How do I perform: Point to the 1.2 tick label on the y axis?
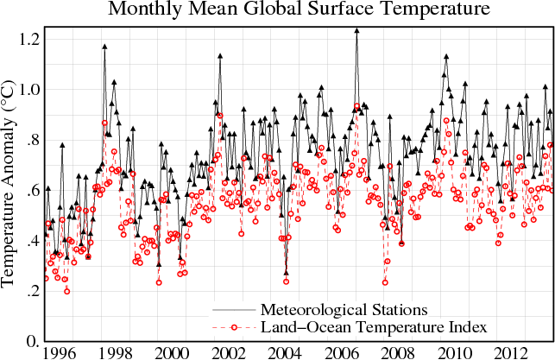[x=28, y=40]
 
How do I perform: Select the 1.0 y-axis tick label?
[x=28, y=90]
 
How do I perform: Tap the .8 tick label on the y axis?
[x=32, y=141]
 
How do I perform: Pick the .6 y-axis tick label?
[x=32, y=191]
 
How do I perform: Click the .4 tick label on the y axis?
[x=32, y=242]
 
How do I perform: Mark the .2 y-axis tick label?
[x=32, y=292]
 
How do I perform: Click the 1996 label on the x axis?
[x=57, y=352]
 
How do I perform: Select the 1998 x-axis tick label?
[x=114, y=352]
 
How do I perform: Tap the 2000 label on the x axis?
[x=171, y=352]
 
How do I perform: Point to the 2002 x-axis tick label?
[x=228, y=352]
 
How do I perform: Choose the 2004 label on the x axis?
[x=285, y=352]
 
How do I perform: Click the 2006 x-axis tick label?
[x=342, y=352]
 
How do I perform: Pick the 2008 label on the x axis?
[x=399, y=352]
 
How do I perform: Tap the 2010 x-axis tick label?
[x=456, y=352]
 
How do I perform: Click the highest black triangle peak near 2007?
[x=356, y=31]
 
